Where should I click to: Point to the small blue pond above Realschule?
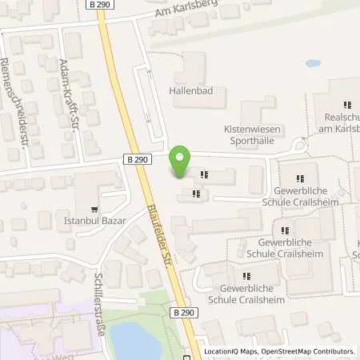pyautogui.click(x=313, y=62)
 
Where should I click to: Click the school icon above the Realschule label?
pyautogui.click(x=347, y=104)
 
